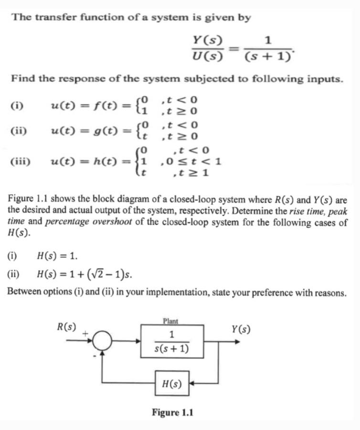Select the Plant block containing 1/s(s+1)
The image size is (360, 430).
[x=172, y=341]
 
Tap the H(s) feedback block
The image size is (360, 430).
[x=172, y=383]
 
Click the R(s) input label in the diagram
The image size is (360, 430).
[x=66, y=327]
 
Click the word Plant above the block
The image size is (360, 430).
[x=170, y=321]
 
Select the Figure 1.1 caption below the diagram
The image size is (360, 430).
[x=172, y=412]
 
